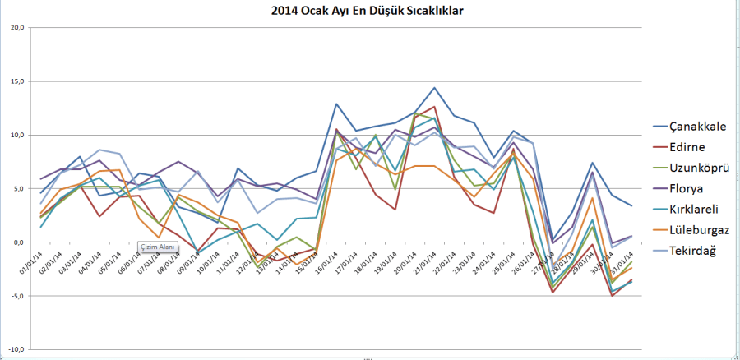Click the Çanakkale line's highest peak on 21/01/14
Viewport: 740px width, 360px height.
coord(434,88)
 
